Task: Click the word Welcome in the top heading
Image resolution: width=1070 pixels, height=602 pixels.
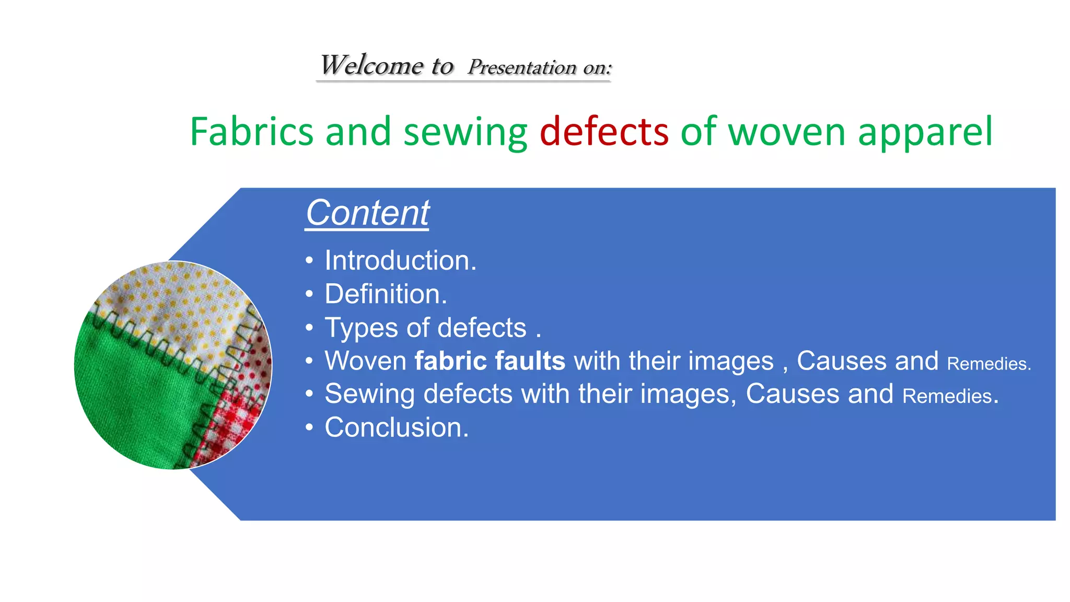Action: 371,66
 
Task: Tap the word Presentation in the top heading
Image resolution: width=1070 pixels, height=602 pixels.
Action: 522,67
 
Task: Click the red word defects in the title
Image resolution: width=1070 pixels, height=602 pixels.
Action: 604,131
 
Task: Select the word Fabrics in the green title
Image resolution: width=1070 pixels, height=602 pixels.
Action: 251,131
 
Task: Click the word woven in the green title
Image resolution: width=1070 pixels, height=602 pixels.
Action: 786,132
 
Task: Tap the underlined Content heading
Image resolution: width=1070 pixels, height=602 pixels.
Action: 367,213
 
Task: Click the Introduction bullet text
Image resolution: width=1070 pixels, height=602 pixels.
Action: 400,260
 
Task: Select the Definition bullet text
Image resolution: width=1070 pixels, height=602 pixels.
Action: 386,294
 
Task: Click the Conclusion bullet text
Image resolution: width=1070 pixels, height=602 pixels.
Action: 397,427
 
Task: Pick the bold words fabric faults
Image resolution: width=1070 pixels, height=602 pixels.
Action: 490,361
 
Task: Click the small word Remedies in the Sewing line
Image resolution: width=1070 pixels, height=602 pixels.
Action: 947,396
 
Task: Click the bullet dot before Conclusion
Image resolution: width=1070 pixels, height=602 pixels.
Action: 309,427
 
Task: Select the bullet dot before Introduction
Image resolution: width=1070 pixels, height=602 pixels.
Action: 309,260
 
